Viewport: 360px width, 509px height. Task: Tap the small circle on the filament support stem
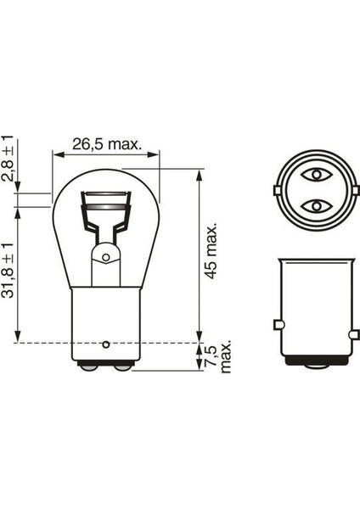pyautogui.click(x=105, y=255)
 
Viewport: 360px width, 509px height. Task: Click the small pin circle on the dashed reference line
pyautogui.click(x=105, y=344)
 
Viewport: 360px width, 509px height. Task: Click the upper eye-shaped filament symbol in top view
pyautogui.click(x=317, y=177)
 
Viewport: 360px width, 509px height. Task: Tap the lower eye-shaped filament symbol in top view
pyautogui.click(x=317, y=206)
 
